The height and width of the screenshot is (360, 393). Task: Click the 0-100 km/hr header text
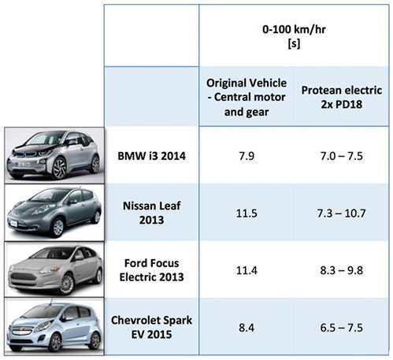click(x=294, y=29)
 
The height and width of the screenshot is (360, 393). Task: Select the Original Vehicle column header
click(x=247, y=97)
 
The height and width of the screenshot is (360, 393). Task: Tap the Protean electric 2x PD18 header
click(x=342, y=97)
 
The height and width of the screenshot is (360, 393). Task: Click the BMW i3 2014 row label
click(x=151, y=156)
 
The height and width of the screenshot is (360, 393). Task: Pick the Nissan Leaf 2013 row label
click(x=151, y=213)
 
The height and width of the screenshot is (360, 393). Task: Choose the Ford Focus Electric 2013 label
click(x=151, y=270)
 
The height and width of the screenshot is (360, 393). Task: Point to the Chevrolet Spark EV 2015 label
click(x=151, y=327)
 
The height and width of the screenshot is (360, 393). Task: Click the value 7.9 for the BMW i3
click(x=247, y=156)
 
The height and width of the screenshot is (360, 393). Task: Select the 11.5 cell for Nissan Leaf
click(x=247, y=213)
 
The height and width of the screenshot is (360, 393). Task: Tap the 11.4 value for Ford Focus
click(x=247, y=270)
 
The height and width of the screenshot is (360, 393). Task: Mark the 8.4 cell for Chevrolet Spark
click(x=247, y=328)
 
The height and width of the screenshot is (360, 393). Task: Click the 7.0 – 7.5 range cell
click(x=342, y=156)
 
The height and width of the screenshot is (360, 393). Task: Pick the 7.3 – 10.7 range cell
click(x=342, y=213)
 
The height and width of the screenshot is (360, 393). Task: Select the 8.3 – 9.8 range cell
click(x=342, y=270)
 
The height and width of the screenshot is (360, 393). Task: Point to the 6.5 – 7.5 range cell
click(x=342, y=328)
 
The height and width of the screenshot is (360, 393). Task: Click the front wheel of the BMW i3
click(x=59, y=168)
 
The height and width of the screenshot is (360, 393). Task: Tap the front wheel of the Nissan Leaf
click(x=58, y=227)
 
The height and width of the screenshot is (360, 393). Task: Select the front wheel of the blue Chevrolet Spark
click(x=56, y=342)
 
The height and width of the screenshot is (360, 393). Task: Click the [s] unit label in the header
click(x=294, y=43)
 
